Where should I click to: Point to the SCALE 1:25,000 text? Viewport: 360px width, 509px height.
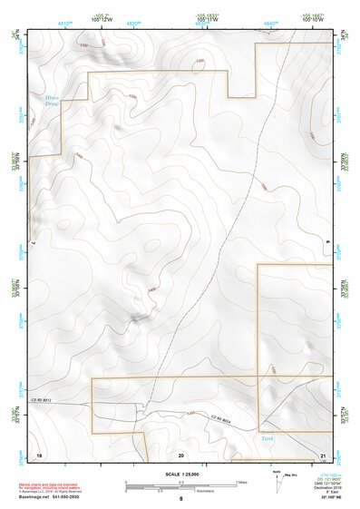(181, 473)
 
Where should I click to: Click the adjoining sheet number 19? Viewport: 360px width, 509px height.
(39, 454)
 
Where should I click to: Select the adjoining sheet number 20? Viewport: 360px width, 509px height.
(181, 454)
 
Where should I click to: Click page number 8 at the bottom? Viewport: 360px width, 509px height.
(180, 499)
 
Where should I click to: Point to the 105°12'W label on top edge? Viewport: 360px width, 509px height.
(102, 18)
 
